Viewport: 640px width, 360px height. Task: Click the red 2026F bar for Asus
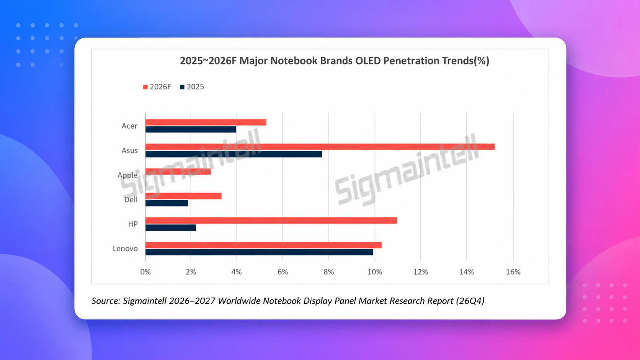[320, 147]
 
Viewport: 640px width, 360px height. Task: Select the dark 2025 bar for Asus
[234, 154]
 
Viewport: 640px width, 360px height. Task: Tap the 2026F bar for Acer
[206, 122]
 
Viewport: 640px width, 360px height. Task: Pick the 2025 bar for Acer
[191, 130]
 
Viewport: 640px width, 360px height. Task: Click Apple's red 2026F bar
[178, 171]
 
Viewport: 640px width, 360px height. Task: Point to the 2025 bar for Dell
[167, 203]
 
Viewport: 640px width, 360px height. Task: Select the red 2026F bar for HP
[271, 220]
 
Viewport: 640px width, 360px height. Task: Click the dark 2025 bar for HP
[171, 228]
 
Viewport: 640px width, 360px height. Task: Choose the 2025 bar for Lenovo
[259, 252]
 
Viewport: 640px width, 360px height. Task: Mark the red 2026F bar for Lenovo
[263, 245]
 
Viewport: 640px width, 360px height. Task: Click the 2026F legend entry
[157, 87]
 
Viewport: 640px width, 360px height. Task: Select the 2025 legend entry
[192, 87]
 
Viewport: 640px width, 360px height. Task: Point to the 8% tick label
[328, 272]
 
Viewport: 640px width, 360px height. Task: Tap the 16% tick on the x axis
[513, 272]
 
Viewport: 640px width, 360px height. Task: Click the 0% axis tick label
[145, 272]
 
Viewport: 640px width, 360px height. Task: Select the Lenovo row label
[125, 249]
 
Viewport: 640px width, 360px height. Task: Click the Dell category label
[131, 200]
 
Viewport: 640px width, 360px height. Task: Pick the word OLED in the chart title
[368, 61]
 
